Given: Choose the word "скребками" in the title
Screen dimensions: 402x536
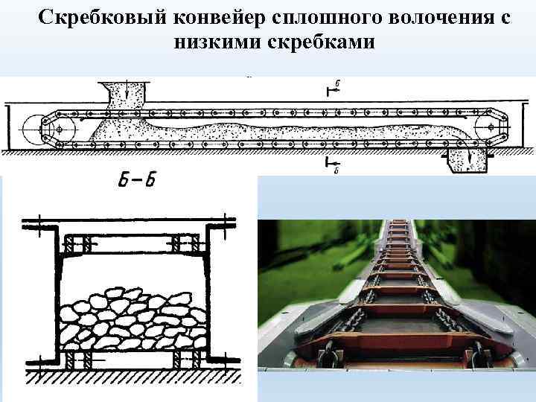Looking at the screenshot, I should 322,43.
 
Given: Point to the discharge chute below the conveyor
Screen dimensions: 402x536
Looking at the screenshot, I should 468,159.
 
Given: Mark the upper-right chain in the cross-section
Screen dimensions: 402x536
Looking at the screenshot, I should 183,243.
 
